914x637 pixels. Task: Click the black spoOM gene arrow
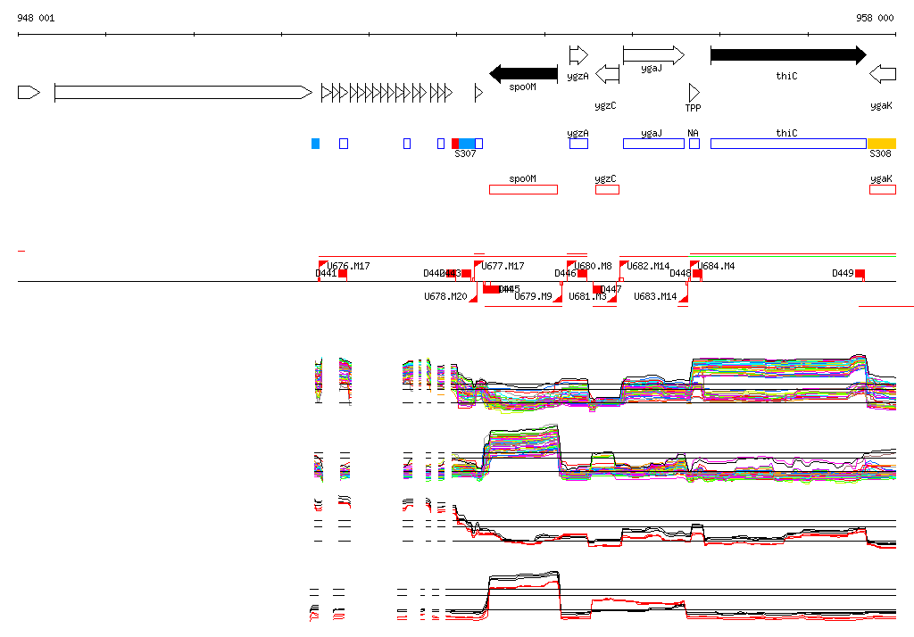point(524,73)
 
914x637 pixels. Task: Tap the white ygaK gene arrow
point(883,73)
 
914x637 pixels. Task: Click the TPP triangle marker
point(694,92)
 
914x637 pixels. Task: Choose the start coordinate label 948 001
point(36,18)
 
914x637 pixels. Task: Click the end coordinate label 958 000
point(875,18)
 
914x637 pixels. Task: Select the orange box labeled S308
point(882,144)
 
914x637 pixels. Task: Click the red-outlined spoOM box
point(523,189)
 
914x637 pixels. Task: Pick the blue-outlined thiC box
point(788,144)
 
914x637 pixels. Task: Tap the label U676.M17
point(348,266)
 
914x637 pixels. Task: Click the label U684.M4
point(717,266)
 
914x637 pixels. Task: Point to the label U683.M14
point(655,296)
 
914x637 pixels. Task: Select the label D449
point(843,273)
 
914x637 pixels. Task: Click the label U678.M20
point(445,296)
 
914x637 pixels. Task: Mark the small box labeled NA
point(694,144)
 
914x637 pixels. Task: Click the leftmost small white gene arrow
point(29,92)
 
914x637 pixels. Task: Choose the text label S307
point(465,153)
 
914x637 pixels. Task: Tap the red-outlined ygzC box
point(607,189)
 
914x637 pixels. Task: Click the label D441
point(326,273)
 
